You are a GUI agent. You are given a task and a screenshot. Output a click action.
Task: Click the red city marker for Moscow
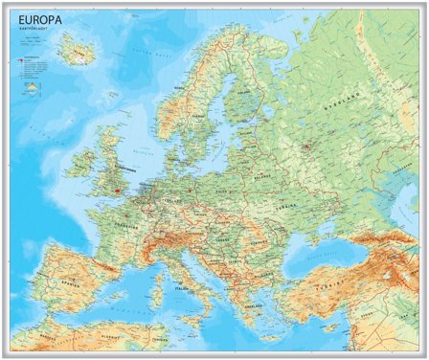point(306,147)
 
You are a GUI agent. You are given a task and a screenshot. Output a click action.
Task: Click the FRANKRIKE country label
point(122,227)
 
